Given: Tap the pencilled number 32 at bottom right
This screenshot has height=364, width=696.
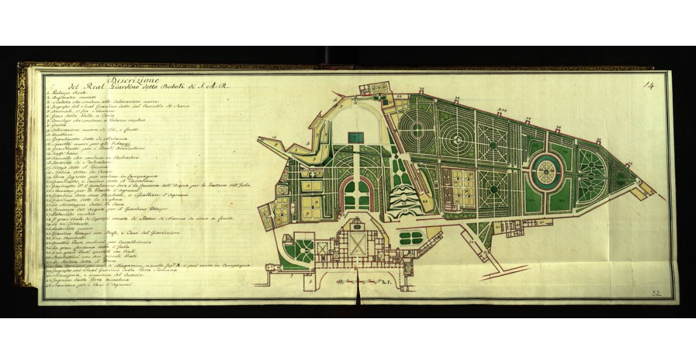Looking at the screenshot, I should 656,293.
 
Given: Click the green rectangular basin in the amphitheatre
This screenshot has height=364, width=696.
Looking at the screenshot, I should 356,138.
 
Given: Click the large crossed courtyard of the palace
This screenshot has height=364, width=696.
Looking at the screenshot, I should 357,244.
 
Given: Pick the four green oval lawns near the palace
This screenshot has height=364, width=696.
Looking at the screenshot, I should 411,237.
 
